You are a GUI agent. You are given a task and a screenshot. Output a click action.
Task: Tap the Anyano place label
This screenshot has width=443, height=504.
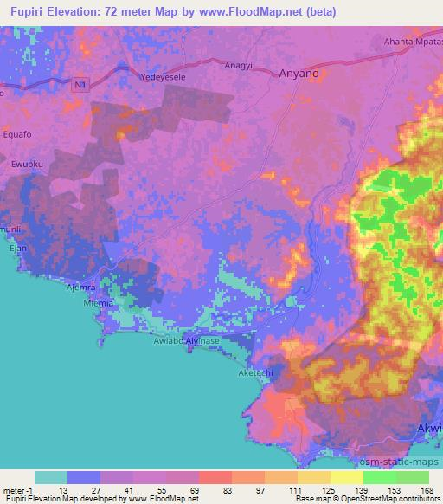299,74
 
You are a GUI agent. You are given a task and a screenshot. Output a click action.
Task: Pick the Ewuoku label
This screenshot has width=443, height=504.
28,162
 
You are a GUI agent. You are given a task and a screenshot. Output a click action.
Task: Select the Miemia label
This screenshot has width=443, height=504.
100,304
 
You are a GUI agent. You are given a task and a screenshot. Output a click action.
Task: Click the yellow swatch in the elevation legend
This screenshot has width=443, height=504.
347,477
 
